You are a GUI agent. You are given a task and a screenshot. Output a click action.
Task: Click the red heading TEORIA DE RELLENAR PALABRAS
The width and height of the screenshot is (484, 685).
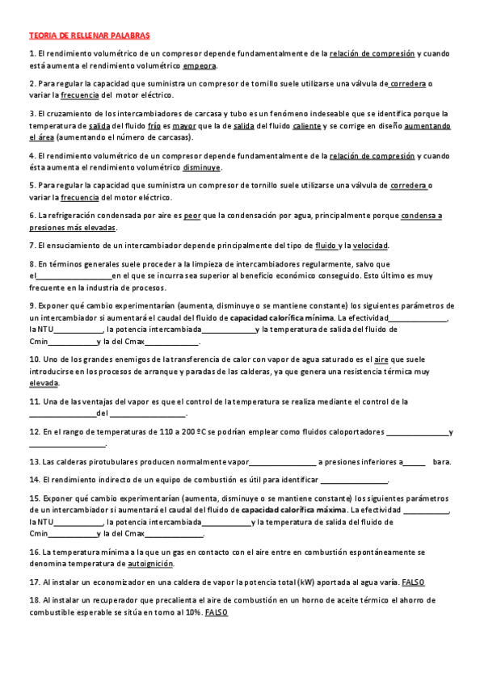click(x=89, y=36)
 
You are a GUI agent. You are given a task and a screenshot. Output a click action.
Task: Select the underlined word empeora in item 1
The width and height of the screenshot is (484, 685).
click(x=200, y=66)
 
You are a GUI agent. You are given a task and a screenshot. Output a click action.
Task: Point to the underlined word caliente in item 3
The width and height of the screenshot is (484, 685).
click(x=306, y=126)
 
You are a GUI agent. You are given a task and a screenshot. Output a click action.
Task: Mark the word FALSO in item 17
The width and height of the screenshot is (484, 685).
click(x=413, y=582)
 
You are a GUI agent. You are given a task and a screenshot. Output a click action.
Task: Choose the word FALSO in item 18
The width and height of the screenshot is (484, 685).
click(x=217, y=612)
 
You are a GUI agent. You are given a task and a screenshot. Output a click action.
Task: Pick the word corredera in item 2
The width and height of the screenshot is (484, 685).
click(x=409, y=83)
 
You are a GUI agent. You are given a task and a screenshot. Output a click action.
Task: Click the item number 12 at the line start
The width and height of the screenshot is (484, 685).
click(x=34, y=432)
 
